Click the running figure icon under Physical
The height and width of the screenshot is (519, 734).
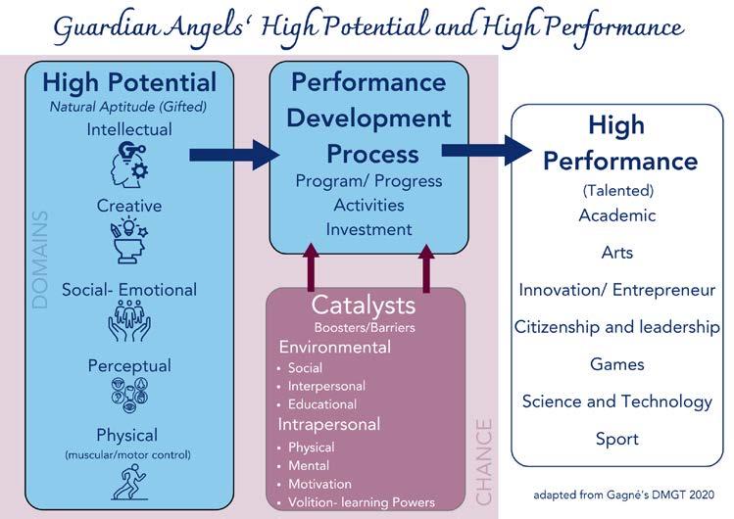click(128, 482)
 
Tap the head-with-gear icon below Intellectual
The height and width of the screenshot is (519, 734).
click(129, 165)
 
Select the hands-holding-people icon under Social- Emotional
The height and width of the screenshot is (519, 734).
click(129, 320)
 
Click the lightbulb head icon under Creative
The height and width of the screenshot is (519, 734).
click(129, 241)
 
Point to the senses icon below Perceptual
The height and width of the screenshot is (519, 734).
click(129, 395)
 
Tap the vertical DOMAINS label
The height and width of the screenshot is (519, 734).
click(40, 259)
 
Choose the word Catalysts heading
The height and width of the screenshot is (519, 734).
click(364, 306)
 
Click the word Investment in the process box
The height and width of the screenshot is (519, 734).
click(368, 229)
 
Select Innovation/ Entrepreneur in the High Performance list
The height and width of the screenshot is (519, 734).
click(617, 290)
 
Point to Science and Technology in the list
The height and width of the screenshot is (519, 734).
click(617, 402)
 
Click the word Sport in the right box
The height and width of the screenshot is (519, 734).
click(617, 440)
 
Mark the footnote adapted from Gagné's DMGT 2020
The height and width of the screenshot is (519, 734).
click(623, 495)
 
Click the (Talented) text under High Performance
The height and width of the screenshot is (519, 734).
click(618, 191)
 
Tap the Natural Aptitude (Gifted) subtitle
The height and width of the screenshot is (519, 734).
click(128, 107)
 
